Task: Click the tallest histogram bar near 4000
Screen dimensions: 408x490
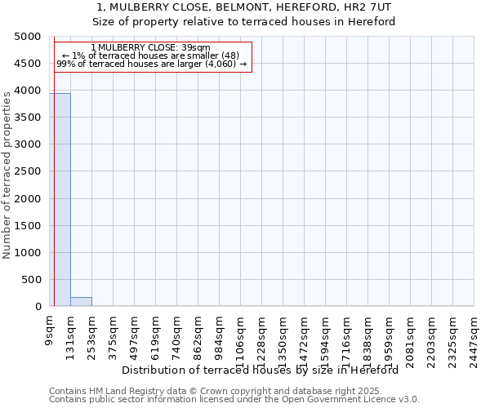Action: point(60,200)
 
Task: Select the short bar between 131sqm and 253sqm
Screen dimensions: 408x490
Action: point(81,302)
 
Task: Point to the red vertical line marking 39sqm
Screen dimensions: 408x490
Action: point(54,180)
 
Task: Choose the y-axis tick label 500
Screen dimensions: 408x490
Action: point(32,280)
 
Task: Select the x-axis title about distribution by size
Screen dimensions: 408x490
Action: point(265,370)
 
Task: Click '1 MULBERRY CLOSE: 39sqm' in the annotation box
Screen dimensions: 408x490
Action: point(151,48)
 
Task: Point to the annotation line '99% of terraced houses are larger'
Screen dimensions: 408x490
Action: point(151,64)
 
